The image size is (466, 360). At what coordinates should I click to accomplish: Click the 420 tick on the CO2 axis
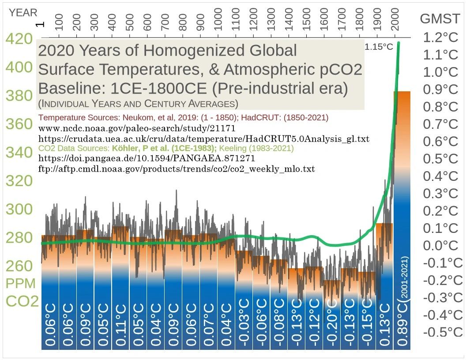19,39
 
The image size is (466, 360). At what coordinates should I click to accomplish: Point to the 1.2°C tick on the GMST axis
440,38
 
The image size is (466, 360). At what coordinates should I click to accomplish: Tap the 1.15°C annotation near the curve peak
378,46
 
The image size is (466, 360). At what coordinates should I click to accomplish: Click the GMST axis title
439,19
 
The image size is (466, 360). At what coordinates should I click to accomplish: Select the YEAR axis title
23,13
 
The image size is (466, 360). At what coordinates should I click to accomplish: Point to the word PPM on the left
20,284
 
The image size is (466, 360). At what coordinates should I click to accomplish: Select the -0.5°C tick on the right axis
440,332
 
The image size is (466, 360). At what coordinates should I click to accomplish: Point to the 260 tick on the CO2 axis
19,266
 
